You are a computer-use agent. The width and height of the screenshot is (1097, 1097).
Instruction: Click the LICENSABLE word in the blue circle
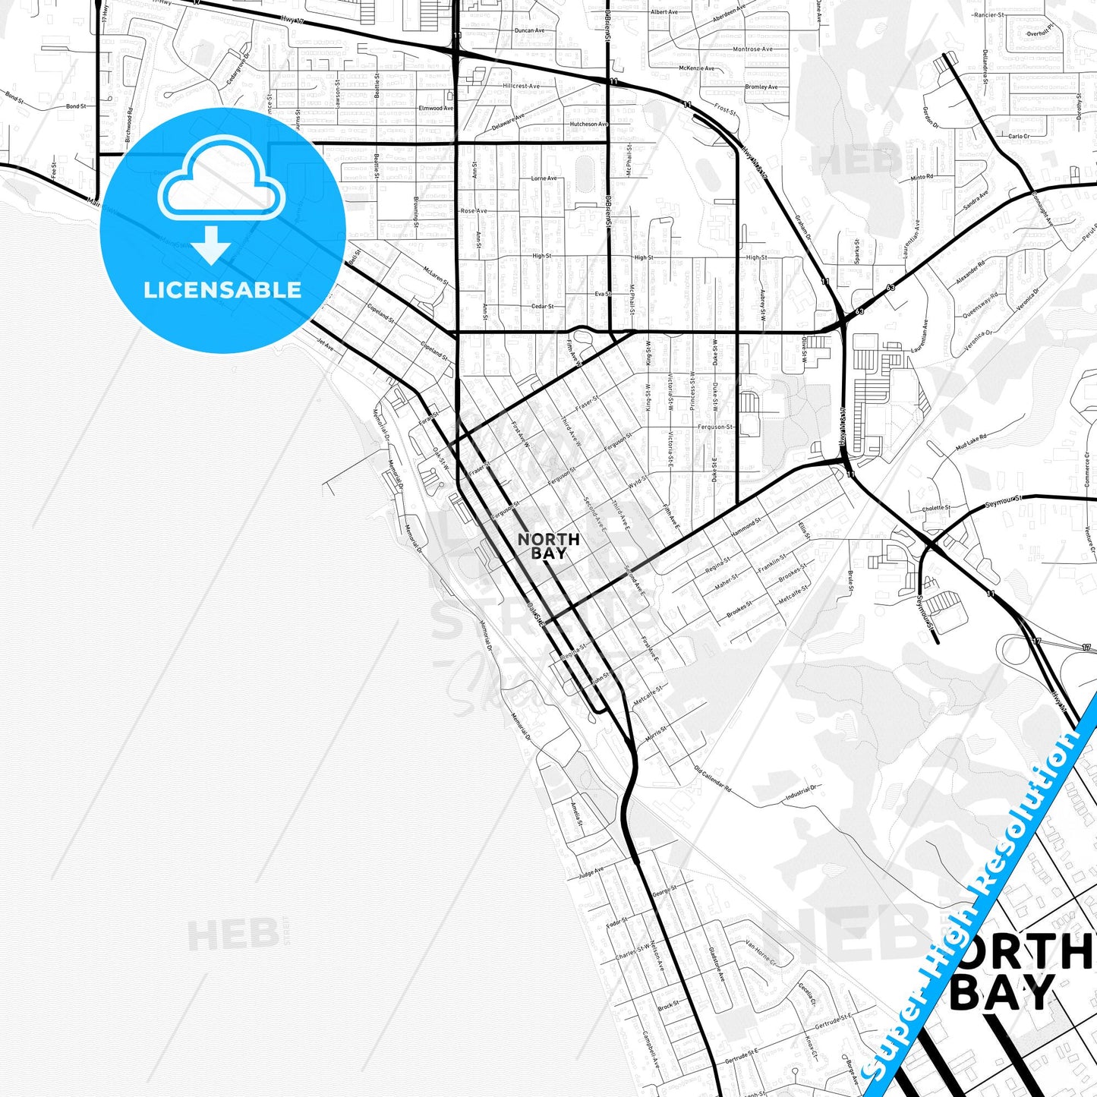[222, 290]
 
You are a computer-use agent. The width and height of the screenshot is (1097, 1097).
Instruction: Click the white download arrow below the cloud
[211, 244]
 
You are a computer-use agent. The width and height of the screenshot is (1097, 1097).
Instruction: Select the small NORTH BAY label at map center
[548, 546]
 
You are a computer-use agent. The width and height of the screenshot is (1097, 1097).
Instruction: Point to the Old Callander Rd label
[712, 778]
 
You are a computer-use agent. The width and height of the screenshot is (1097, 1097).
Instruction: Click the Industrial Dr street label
[801, 793]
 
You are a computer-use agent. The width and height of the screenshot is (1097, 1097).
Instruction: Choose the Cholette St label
[936, 508]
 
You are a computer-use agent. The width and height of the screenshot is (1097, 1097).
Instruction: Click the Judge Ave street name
[591, 872]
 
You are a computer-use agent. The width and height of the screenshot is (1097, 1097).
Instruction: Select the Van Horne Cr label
[761, 954]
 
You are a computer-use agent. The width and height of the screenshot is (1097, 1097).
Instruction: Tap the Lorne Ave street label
[544, 178]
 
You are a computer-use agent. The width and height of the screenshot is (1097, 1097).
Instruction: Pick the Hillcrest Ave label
[521, 86]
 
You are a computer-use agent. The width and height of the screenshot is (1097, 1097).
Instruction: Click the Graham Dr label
[803, 226]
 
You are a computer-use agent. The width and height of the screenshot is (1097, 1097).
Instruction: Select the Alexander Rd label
[970, 273]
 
